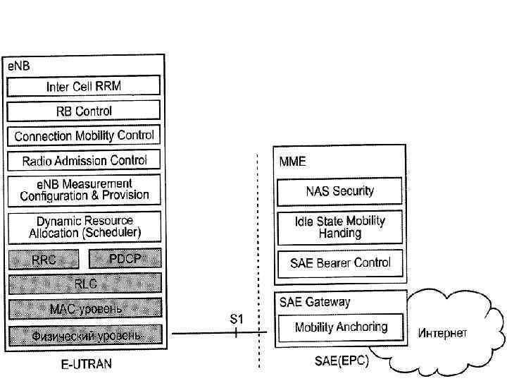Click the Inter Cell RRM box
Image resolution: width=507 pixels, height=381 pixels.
pyautogui.click(x=84, y=87)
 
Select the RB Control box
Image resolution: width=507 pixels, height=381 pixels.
pyautogui.click(x=84, y=111)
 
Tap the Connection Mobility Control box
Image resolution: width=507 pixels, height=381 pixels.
pyautogui.click(x=84, y=135)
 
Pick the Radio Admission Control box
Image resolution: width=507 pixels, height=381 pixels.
pyautogui.click(x=84, y=160)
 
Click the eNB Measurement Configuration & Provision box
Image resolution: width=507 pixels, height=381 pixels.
pyautogui.click(x=84, y=190)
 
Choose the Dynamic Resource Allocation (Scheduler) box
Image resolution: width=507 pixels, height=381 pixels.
pyautogui.click(x=84, y=226)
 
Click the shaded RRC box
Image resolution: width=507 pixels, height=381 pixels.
pyautogui.click(x=43, y=260)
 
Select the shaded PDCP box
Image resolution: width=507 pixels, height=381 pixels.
pyautogui.click(x=125, y=260)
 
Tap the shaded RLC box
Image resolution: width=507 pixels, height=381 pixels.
pyautogui.click(x=84, y=284)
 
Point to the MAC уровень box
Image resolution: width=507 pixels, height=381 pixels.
pyautogui.click(x=84, y=308)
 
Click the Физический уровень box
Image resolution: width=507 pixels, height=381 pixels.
pyautogui.click(x=84, y=334)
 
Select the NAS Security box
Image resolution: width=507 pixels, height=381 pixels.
pyautogui.click(x=339, y=191)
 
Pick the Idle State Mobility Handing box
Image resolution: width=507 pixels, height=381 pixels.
pyautogui.click(x=339, y=226)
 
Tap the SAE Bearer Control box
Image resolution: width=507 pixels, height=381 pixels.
pyautogui.click(x=339, y=262)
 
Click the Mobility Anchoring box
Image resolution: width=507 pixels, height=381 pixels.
pyautogui.click(x=341, y=327)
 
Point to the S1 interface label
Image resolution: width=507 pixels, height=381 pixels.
pyautogui.click(x=237, y=319)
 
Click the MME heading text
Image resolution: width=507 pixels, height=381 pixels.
pyautogui.click(x=292, y=162)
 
